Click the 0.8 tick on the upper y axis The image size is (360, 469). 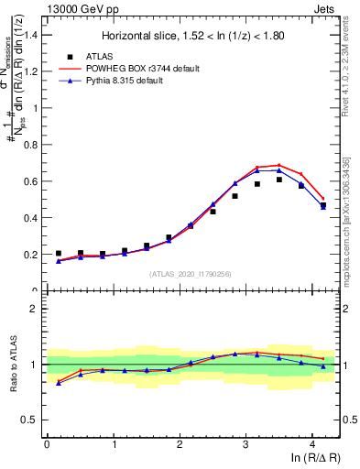click(33, 145)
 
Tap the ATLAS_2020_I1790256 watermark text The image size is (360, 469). click(191, 274)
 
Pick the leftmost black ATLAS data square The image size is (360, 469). click(59, 254)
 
